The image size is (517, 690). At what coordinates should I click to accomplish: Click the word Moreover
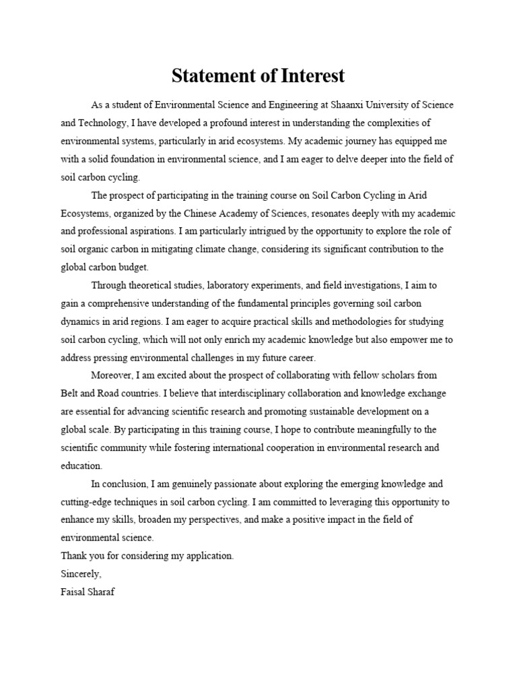click(x=113, y=375)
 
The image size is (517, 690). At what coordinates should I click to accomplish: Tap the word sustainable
click(x=344, y=412)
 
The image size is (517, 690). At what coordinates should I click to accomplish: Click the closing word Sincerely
click(x=81, y=574)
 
